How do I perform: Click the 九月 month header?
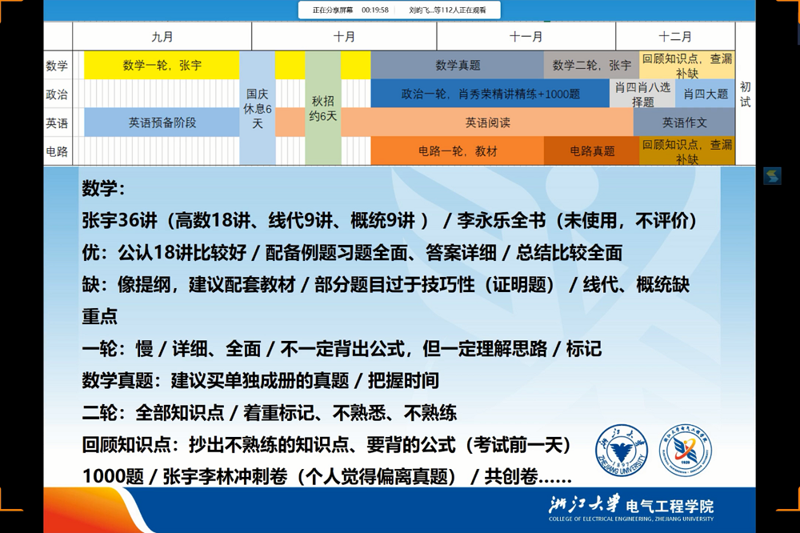click(162, 37)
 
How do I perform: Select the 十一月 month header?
click(526, 37)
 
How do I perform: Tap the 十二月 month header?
click(675, 37)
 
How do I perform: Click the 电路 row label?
click(57, 150)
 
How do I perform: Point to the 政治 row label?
click(57, 94)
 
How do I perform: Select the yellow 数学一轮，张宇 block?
click(162, 66)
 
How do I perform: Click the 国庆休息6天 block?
click(258, 108)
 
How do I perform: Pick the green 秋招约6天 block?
click(323, 108)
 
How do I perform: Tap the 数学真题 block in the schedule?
click(458, 66)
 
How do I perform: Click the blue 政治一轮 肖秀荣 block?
click(490, 94)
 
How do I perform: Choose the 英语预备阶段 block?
click(162, 122)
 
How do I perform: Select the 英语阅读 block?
click(487, 122)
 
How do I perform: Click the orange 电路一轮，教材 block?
click(458, 150)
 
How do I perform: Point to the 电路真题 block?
click(592, 150)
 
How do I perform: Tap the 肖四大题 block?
click(706, 94)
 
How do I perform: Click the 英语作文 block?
click(685, 122)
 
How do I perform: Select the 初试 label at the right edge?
click(746, 94)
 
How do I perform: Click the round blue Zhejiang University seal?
click(622, 451)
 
